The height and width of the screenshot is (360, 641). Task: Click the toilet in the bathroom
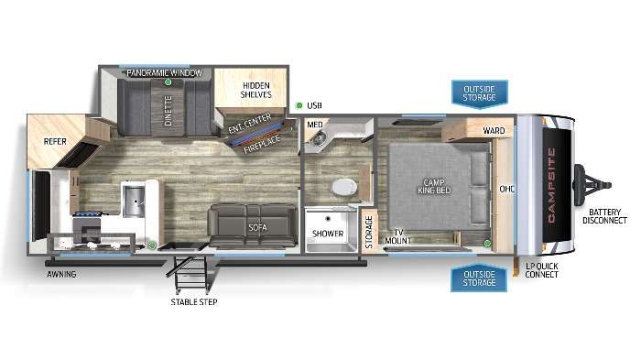click(x=344, y=188)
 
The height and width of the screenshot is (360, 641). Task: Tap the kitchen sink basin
click(x=134, y=202)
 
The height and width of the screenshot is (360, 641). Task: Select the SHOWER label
click(x=328, y=234)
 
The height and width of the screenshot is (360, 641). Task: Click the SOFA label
click(x=257, y=227)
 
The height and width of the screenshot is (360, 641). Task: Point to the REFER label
click(x=55, y=142)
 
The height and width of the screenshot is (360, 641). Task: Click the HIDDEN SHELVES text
click(x=255, y=90)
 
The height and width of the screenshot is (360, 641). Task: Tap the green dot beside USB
click(x=299, y=105)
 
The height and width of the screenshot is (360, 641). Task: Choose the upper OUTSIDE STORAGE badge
click(x=480, y=94)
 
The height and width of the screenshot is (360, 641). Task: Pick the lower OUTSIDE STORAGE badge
click(x=479, y=278)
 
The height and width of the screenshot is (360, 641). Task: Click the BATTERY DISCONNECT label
click(x=604, y=216)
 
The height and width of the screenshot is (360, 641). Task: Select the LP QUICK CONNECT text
click(x=542, y=270)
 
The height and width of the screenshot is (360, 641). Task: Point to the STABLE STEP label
click(x=194, y=302)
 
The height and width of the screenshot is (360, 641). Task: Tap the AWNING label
click(x=61, y=275)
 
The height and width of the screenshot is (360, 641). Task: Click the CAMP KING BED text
click(x=434, y=186)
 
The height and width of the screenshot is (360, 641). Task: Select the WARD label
click(x=494, y=130)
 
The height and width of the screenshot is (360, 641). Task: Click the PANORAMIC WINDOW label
click(x=164, y=72)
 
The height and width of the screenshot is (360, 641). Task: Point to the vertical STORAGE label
click(x=369, y=232)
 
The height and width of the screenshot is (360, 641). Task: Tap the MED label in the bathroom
click(x=315, y=125)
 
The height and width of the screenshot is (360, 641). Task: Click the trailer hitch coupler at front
click(x=592, y=184)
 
